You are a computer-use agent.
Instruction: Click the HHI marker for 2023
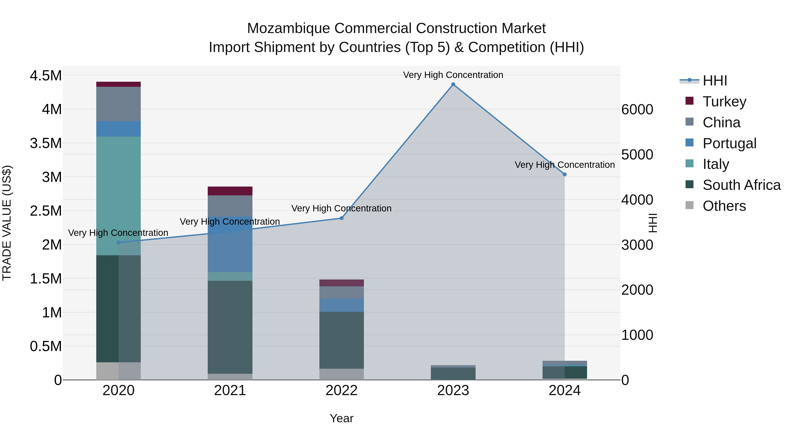pyautogui.click(x=453, y=84)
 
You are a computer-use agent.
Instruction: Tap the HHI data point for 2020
pyautogui.click(x=119, y=242)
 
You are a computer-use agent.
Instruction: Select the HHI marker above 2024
pyautogui.click(x=565, y=174)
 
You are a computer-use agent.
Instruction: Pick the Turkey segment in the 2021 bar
pyautogui.click(x=230, y=191)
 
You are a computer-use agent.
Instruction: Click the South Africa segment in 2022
pyautogui.click(x=341, y=340)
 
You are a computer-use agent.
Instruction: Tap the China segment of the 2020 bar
pyautogui.click(x=119, y=104)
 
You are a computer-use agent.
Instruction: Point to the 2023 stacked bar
pyautogui.click(x=453, y=373)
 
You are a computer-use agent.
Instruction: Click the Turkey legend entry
pyautogui.click(x=724, y=102)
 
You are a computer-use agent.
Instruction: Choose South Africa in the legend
pyautogui.click(x=741, y=185)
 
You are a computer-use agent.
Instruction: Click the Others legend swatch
pyautogui.click(x=689, y=205)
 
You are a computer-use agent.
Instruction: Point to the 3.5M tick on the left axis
pyautogui.click(x=46, y=143)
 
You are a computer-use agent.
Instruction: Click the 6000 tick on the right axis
pyautogui.click(x=637, y=110)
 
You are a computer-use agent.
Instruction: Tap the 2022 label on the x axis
pyautogui.click(x=341, y=390)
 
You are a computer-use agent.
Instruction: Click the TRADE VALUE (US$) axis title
pyautogui.click(x=7, y=223)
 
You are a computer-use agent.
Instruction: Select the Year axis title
pyautogui.click(x=341, y=418)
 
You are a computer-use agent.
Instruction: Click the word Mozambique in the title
pyautogui.click(x=289, y=28)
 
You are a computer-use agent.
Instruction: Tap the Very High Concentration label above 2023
pyautogui.click(x=453, y=75)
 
